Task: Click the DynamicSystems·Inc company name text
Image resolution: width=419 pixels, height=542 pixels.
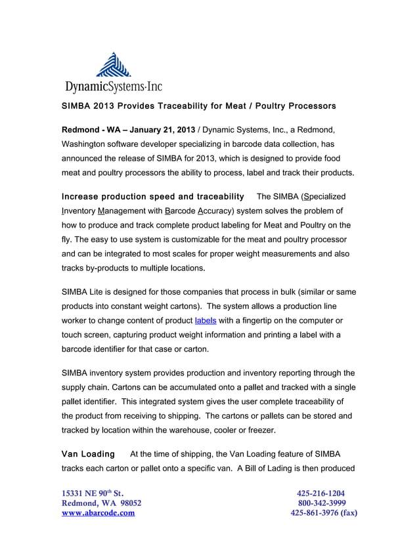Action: point(113,86)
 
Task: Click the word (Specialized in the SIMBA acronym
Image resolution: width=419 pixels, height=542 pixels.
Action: point(318,197)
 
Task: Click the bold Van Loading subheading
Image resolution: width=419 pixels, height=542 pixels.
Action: point(87,454)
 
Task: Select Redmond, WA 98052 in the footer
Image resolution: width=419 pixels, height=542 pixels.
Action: point(100,503)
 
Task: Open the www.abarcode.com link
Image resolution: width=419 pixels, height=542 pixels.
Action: point(98,514)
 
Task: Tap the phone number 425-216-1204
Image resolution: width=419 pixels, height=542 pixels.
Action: point(320,493)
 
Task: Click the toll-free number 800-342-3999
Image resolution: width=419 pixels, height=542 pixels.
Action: point(321,503)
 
